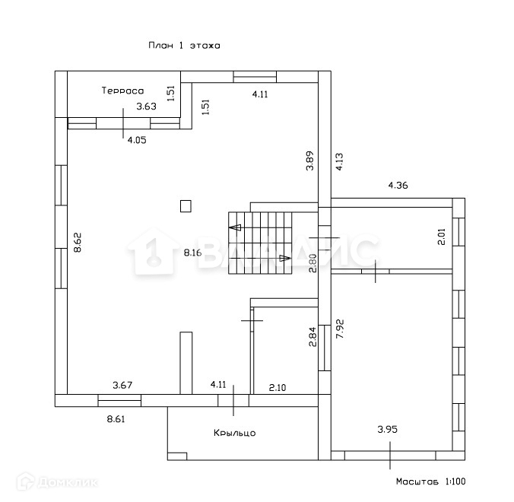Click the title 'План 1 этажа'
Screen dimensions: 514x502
pos(184,46)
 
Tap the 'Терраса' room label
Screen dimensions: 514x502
pos(123,91)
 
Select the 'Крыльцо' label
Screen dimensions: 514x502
pos(234,433)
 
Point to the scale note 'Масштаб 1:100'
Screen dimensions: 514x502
pos(430,481)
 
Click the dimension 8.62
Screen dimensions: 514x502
pos(77,242)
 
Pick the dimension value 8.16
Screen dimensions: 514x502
pos(192,253)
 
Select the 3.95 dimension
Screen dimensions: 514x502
pos(388,430)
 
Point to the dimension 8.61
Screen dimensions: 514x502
pos(116,418)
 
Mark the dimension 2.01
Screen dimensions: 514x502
pos(441,237)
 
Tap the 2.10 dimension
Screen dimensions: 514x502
pos(278,387)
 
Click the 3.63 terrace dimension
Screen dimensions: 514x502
pos(146,106)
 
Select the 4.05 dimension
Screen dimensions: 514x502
pos(137,139)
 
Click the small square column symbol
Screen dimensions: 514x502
pos(186,205)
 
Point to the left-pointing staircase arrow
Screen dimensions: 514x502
pos(236,227)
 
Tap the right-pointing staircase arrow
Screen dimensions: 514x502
pos(285,258)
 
